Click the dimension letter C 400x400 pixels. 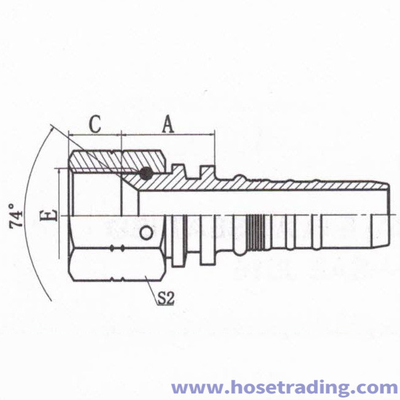click(x=95, y=125)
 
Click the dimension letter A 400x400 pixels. click(x=168, y=125)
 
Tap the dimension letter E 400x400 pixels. click(x=48, y=215)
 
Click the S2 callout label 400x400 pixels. click(x=166, y=298)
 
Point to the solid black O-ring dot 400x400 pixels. click(x=146, y=174)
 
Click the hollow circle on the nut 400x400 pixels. click(x=146, y=233)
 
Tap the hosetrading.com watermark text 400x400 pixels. click(x=284, y=388)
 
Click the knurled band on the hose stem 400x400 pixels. click(x=256, y=232)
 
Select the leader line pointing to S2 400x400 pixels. click(x=151, y=290)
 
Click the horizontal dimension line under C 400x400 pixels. click(x=95, y=135)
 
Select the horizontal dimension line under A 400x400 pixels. click(x=168, y=134)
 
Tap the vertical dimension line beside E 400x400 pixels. click(x=59, y=213)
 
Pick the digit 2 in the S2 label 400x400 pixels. click(x=171, y=298)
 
